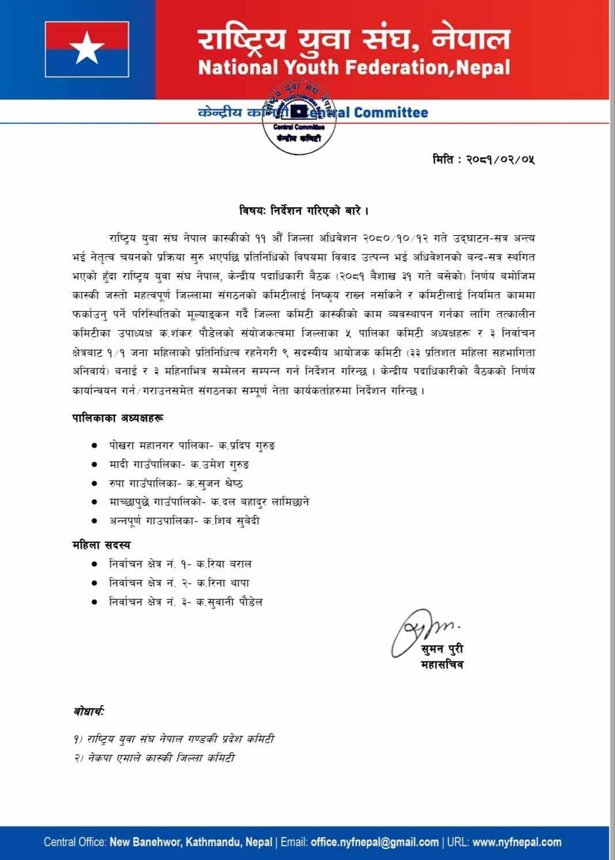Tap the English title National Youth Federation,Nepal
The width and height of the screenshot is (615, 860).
click(354, 67)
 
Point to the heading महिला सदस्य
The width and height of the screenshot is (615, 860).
click(101, 545)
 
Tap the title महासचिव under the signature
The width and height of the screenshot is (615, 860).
click(442, 665)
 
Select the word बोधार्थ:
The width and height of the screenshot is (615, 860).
click(89, 712)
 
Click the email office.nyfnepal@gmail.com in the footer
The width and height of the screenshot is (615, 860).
click(374, 842)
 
